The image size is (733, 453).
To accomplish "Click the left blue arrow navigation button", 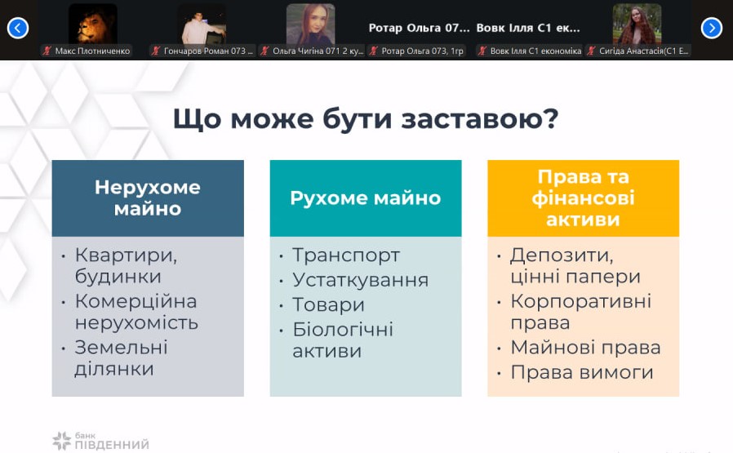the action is tap(18, 28).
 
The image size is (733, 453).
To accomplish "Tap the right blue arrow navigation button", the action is tap(712, 28).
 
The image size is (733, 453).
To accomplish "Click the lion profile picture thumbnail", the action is tap(92, 24).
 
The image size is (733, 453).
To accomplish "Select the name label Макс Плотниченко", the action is tap(92, 51).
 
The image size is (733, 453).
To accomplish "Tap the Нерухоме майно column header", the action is tap(148, 198).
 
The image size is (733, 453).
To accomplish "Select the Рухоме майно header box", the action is tap(366, 198).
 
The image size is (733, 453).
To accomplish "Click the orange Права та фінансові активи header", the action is tap(583, 198).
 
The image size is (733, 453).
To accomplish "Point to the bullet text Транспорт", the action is tap(346, 255).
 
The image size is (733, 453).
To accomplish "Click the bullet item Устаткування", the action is tap(361, 280).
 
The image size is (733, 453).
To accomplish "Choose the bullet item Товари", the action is tap(328, 304).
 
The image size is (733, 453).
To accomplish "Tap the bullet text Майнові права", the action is tap(585, 348).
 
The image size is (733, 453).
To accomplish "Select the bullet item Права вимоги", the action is tap(581, 372).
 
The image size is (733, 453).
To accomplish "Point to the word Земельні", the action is tap(121, 348).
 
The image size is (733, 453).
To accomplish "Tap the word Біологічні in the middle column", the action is tap(343, 329).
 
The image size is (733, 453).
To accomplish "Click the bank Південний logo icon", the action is tap(61, 441).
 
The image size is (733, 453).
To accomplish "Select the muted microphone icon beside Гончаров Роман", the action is tap(156, 51).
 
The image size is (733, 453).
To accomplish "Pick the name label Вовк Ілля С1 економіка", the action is tap(535, 51).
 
